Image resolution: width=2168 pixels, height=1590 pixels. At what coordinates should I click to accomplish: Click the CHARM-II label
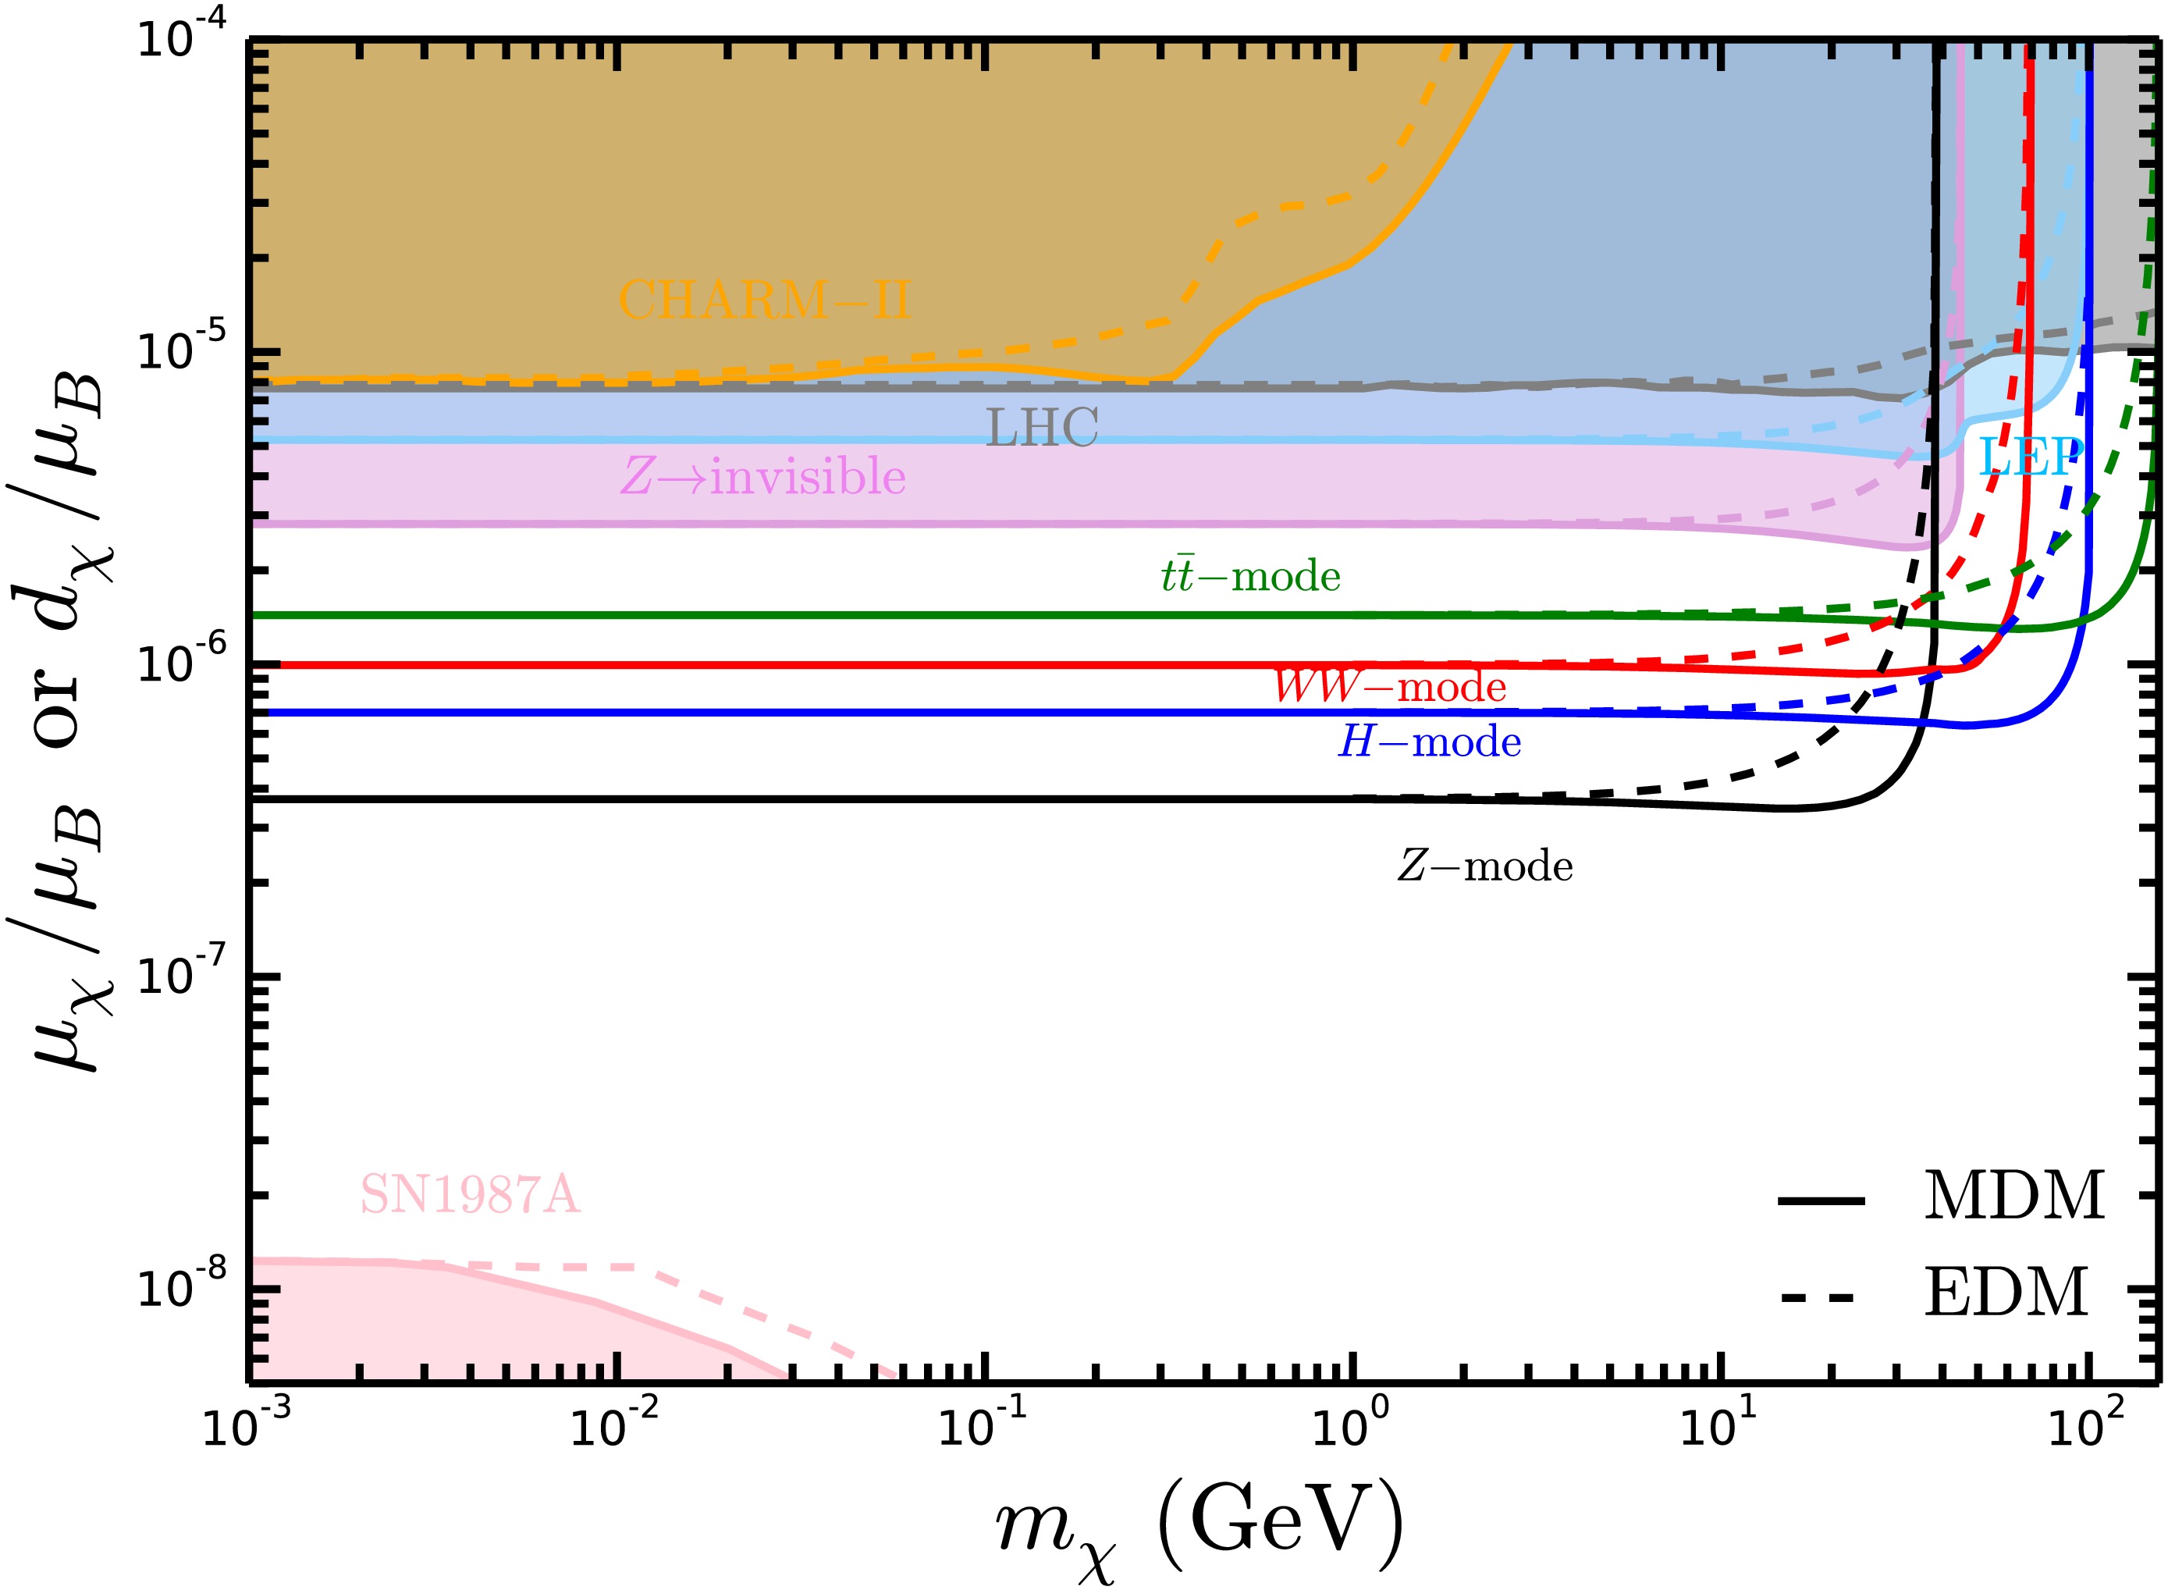[x=764, y=301]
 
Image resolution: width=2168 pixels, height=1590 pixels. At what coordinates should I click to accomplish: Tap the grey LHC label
[x=1042, y=429]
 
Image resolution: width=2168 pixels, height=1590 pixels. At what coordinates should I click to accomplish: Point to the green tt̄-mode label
[x=1250, y=577]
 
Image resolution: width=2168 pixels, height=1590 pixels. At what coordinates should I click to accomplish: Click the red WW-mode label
[x=1389, y=687]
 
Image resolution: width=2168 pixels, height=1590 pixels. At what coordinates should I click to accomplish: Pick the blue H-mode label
[x=1430, y=742]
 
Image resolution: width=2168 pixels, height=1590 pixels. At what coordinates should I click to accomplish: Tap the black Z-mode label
[x=1485, y=867]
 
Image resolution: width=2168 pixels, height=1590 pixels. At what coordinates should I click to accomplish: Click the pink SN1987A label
[x=470, y=1195]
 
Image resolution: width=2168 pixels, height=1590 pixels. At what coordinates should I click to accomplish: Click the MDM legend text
[x=2013, y=1197]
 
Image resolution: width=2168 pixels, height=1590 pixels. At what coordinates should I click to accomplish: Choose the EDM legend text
[x=2006, y=1293]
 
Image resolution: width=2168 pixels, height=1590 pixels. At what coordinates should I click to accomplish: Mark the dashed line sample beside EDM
[x=1818, y=1298]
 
